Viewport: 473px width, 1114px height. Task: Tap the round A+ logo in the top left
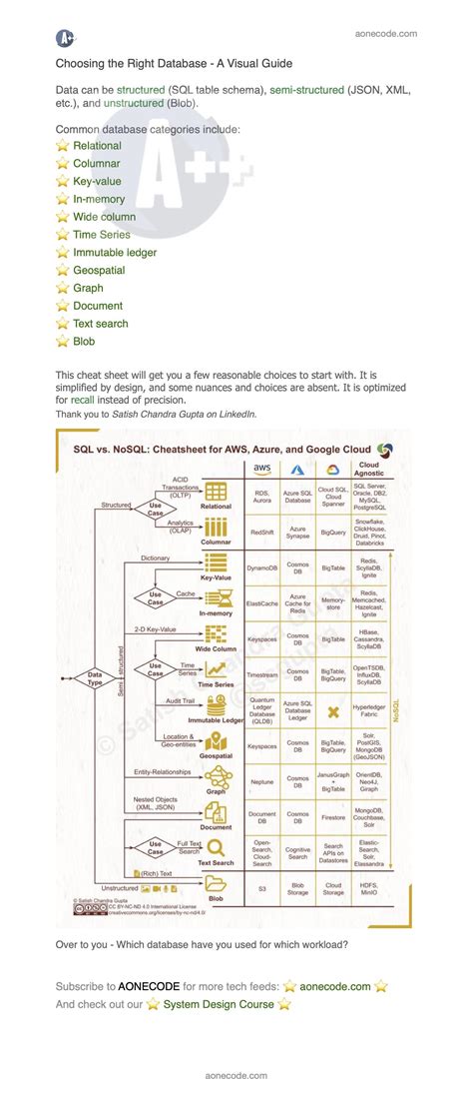[66, 38]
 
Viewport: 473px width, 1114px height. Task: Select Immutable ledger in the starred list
[115, 253]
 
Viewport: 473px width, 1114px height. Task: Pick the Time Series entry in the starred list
[102, 235]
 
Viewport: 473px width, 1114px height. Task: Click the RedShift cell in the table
[262, 534]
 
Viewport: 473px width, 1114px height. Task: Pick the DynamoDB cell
[262, 567]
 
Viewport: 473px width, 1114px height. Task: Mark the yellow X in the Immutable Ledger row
[332, 710]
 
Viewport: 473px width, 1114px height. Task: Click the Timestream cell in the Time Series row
[262, 674]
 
